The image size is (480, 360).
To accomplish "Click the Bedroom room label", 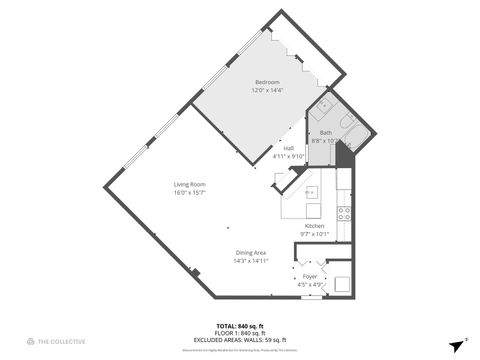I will pyautogui.click(x=268, y=82).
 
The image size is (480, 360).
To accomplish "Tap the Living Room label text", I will pyautogui.click(x=189, y=184).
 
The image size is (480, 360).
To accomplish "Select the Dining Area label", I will pyautogui.click(x=251, y=253).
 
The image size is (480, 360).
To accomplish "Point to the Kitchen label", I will pyautogui.click(x=315, y=227).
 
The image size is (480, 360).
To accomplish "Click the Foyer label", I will pyautogui.click(x=310, y=276).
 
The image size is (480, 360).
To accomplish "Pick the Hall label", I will pyautogui.click(x=289, y=148).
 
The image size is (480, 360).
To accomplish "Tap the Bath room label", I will pyautogui.click(x=326, y=133).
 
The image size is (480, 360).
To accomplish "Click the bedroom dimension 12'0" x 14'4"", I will pyautogui.click(x=268, y=90).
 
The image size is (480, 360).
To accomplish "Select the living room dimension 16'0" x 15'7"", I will pyautogui.click(x=189, y=192).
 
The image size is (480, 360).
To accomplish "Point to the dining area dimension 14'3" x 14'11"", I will pyautogui.click(x=251, y=261).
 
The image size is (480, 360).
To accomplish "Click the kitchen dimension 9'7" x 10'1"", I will pyautogui.click(x=315, y=235).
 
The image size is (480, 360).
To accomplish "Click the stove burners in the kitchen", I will pyautogui.click(x=344, y=211).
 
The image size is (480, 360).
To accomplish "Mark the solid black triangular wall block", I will pyautogui.click(x=345, y=154).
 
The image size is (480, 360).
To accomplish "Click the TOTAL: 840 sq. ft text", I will pyautogui.click(x=240, y=326).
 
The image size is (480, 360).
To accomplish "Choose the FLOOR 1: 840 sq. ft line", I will pyautogui.click(x=240, y=333).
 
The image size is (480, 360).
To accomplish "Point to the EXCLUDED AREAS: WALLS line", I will pyautogui.click(x=240, y=340).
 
